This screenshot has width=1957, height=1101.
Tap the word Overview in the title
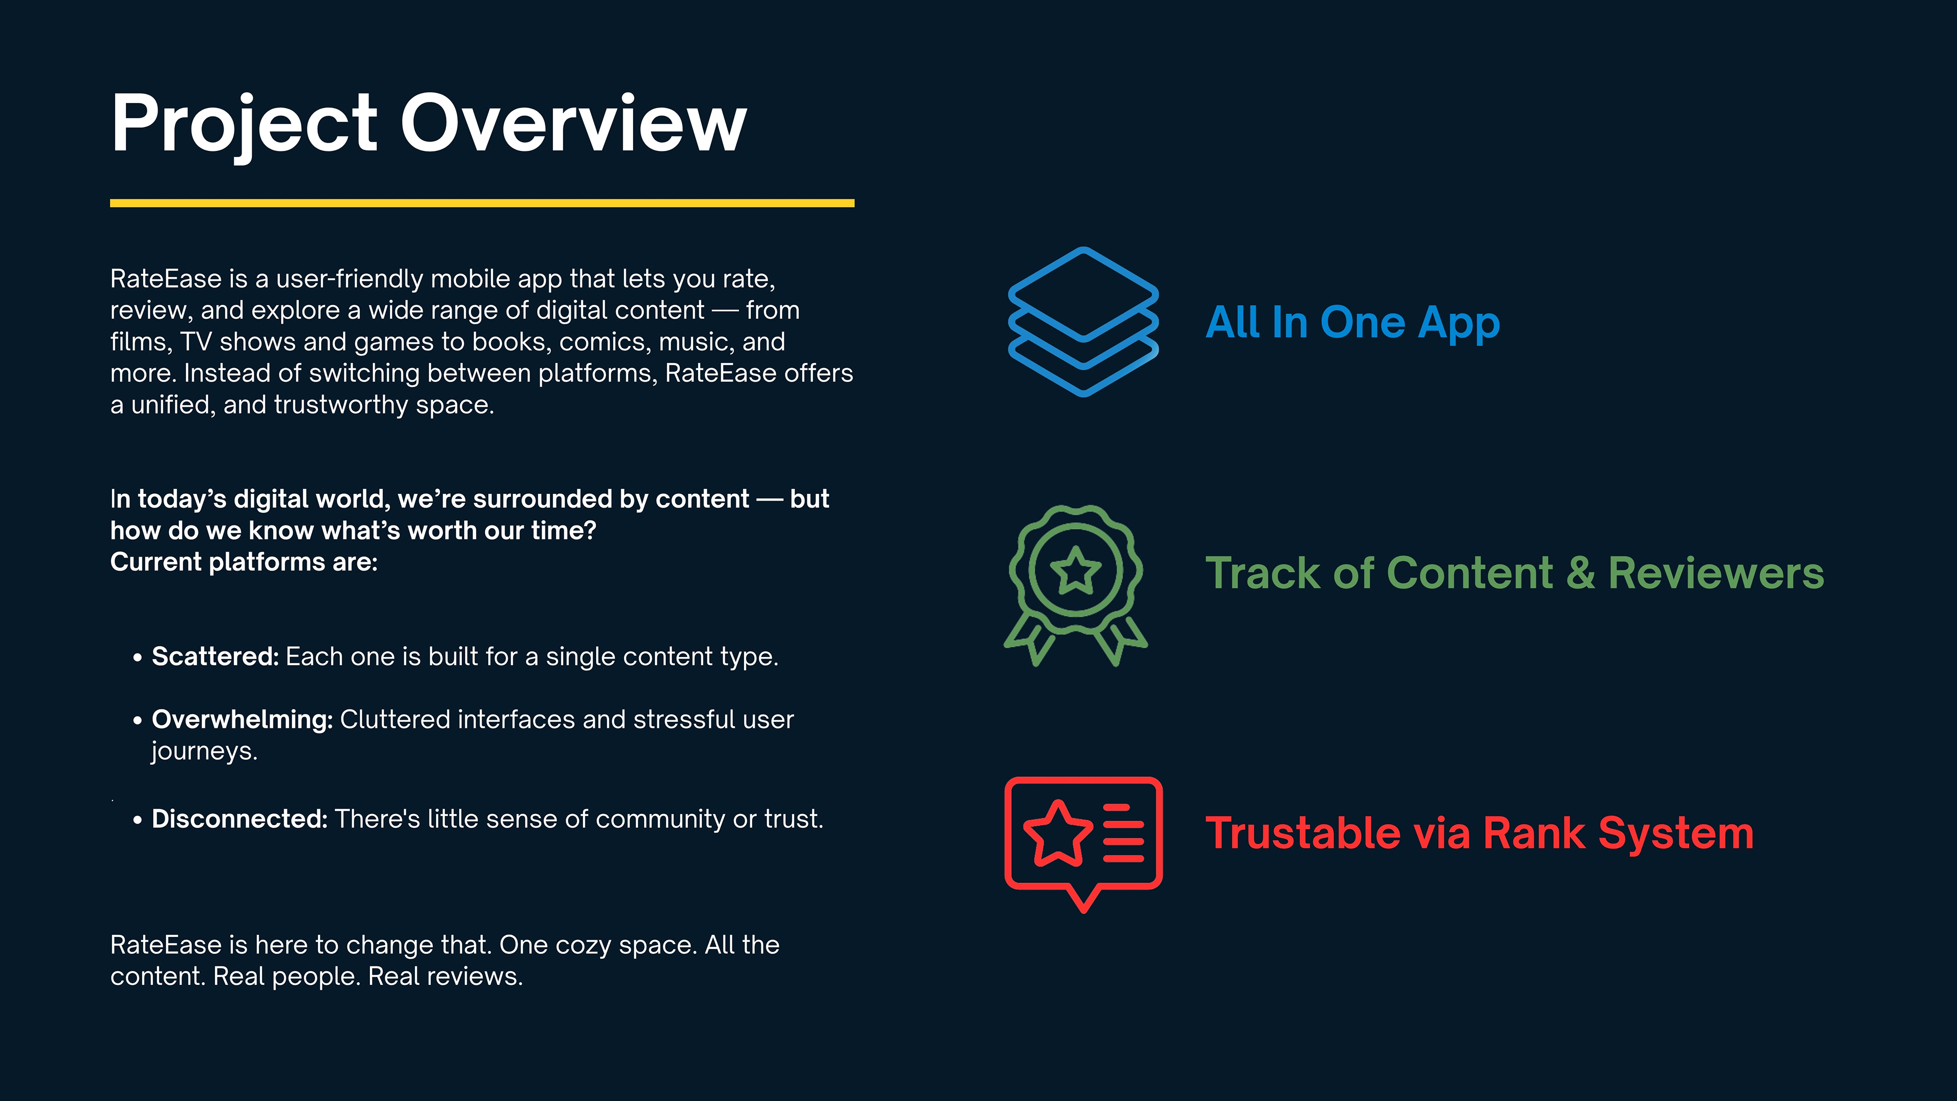(573, 123)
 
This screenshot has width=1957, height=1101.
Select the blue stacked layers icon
(1083, 322)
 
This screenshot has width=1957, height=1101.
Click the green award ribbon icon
(1076, 585)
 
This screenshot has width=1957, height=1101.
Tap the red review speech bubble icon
(1083, 844)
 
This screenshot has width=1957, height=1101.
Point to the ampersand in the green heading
(1580, 573)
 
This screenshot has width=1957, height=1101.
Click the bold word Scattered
(216, 657)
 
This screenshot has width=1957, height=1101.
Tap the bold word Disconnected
(240, 819)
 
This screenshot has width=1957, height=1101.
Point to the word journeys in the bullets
(204, 751)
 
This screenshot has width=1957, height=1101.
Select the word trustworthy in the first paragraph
(341, 406)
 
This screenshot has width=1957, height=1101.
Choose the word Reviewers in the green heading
(1716, 573)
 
